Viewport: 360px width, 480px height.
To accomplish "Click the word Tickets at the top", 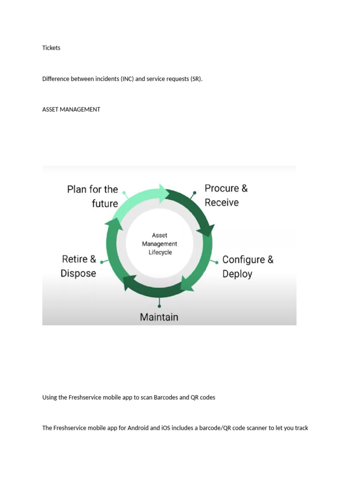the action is coord(51,48).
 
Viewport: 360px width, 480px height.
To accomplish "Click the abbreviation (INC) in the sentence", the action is coord(127,79).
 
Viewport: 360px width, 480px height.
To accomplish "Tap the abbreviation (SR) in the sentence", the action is coord(196,79).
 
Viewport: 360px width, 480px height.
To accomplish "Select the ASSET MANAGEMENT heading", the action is coord(71,109).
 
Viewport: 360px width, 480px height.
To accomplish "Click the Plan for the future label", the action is coord(93,196).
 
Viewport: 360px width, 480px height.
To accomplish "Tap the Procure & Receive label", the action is coord(226,195).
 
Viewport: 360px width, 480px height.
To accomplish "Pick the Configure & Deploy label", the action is coord(247,266).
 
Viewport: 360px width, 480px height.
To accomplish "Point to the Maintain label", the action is coord(159,317).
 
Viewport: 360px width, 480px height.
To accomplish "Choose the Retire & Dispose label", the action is coord(79,266).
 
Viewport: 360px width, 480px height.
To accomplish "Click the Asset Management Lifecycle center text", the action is coord(159,244).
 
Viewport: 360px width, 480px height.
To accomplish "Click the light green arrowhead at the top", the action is coord(164,193).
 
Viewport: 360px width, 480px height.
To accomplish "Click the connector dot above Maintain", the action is coord(159,306).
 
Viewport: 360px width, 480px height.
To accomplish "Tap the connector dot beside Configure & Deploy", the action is coord(217,262).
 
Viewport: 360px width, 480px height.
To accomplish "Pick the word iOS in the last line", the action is coord(166,428).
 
